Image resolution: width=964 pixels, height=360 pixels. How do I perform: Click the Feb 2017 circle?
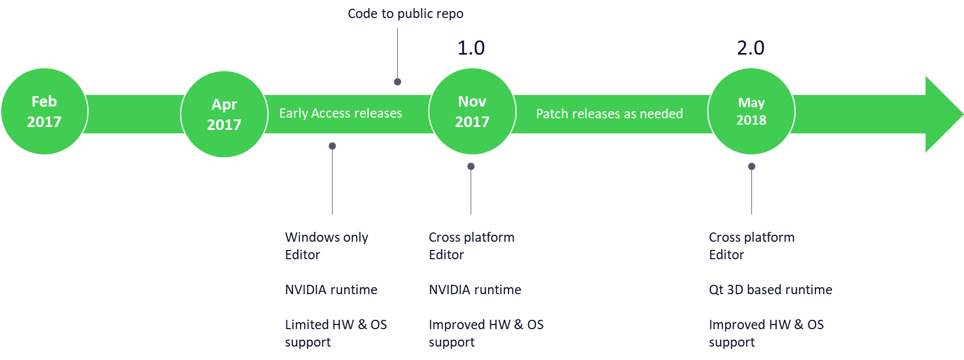coord(44,111)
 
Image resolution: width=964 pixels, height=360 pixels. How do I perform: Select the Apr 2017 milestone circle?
coord(224,114)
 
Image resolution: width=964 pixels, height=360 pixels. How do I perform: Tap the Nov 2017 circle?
coord(472,111)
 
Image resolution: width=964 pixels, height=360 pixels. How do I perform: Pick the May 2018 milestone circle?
coord(751,111)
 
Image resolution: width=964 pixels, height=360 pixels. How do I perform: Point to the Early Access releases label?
coord(341,113)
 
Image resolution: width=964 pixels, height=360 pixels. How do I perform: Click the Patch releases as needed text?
coord(609,114)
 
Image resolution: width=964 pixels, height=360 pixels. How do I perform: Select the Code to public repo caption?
coord(405,13)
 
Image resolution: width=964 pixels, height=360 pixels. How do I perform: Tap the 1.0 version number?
coord(471,48)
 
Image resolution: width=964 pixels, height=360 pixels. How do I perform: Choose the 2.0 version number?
coord(750,48)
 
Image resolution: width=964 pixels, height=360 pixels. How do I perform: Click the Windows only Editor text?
coord(326,246)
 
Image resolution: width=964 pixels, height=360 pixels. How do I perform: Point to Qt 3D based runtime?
coord(770,290)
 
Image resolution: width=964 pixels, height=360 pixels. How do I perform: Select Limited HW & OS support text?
coord(336,333)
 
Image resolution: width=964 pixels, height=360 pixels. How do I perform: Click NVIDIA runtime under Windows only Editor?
coord(331,290)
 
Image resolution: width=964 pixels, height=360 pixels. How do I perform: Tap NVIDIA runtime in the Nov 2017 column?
coord(475,290)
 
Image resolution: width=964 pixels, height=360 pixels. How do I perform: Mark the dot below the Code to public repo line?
coord(398,82)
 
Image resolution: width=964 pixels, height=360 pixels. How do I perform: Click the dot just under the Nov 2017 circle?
coord(471,167)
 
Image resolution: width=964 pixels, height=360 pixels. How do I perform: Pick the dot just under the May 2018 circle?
coord(752,167)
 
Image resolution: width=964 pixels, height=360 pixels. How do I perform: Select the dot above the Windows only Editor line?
coord(333,146)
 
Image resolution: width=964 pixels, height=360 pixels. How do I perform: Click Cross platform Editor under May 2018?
coord(751,246)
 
